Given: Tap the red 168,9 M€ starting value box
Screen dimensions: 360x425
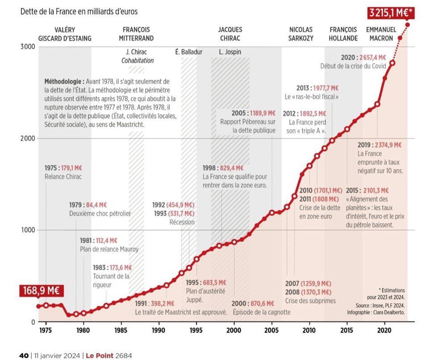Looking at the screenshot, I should click(40, 291).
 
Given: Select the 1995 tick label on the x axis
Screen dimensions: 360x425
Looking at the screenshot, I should click(195, 331).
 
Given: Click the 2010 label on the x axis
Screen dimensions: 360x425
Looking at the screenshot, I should click(308, 331).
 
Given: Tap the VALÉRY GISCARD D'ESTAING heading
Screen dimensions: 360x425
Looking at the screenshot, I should click(65, 34).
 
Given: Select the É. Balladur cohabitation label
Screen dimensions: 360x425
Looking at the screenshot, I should click(189, 52).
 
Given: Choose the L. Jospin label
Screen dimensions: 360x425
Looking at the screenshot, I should click(230, 52).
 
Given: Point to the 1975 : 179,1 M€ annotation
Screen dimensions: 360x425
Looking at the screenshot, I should click(63, 168).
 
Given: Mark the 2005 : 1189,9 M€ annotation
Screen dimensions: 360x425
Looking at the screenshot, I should click(254, 113).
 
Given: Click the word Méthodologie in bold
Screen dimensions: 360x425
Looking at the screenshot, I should click(64, 82).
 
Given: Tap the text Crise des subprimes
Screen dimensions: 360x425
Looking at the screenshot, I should click(310, 301).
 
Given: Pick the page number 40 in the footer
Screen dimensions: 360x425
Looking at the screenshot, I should click(24, 356).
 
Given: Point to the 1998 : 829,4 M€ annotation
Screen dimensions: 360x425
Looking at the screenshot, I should click(223, 168).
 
